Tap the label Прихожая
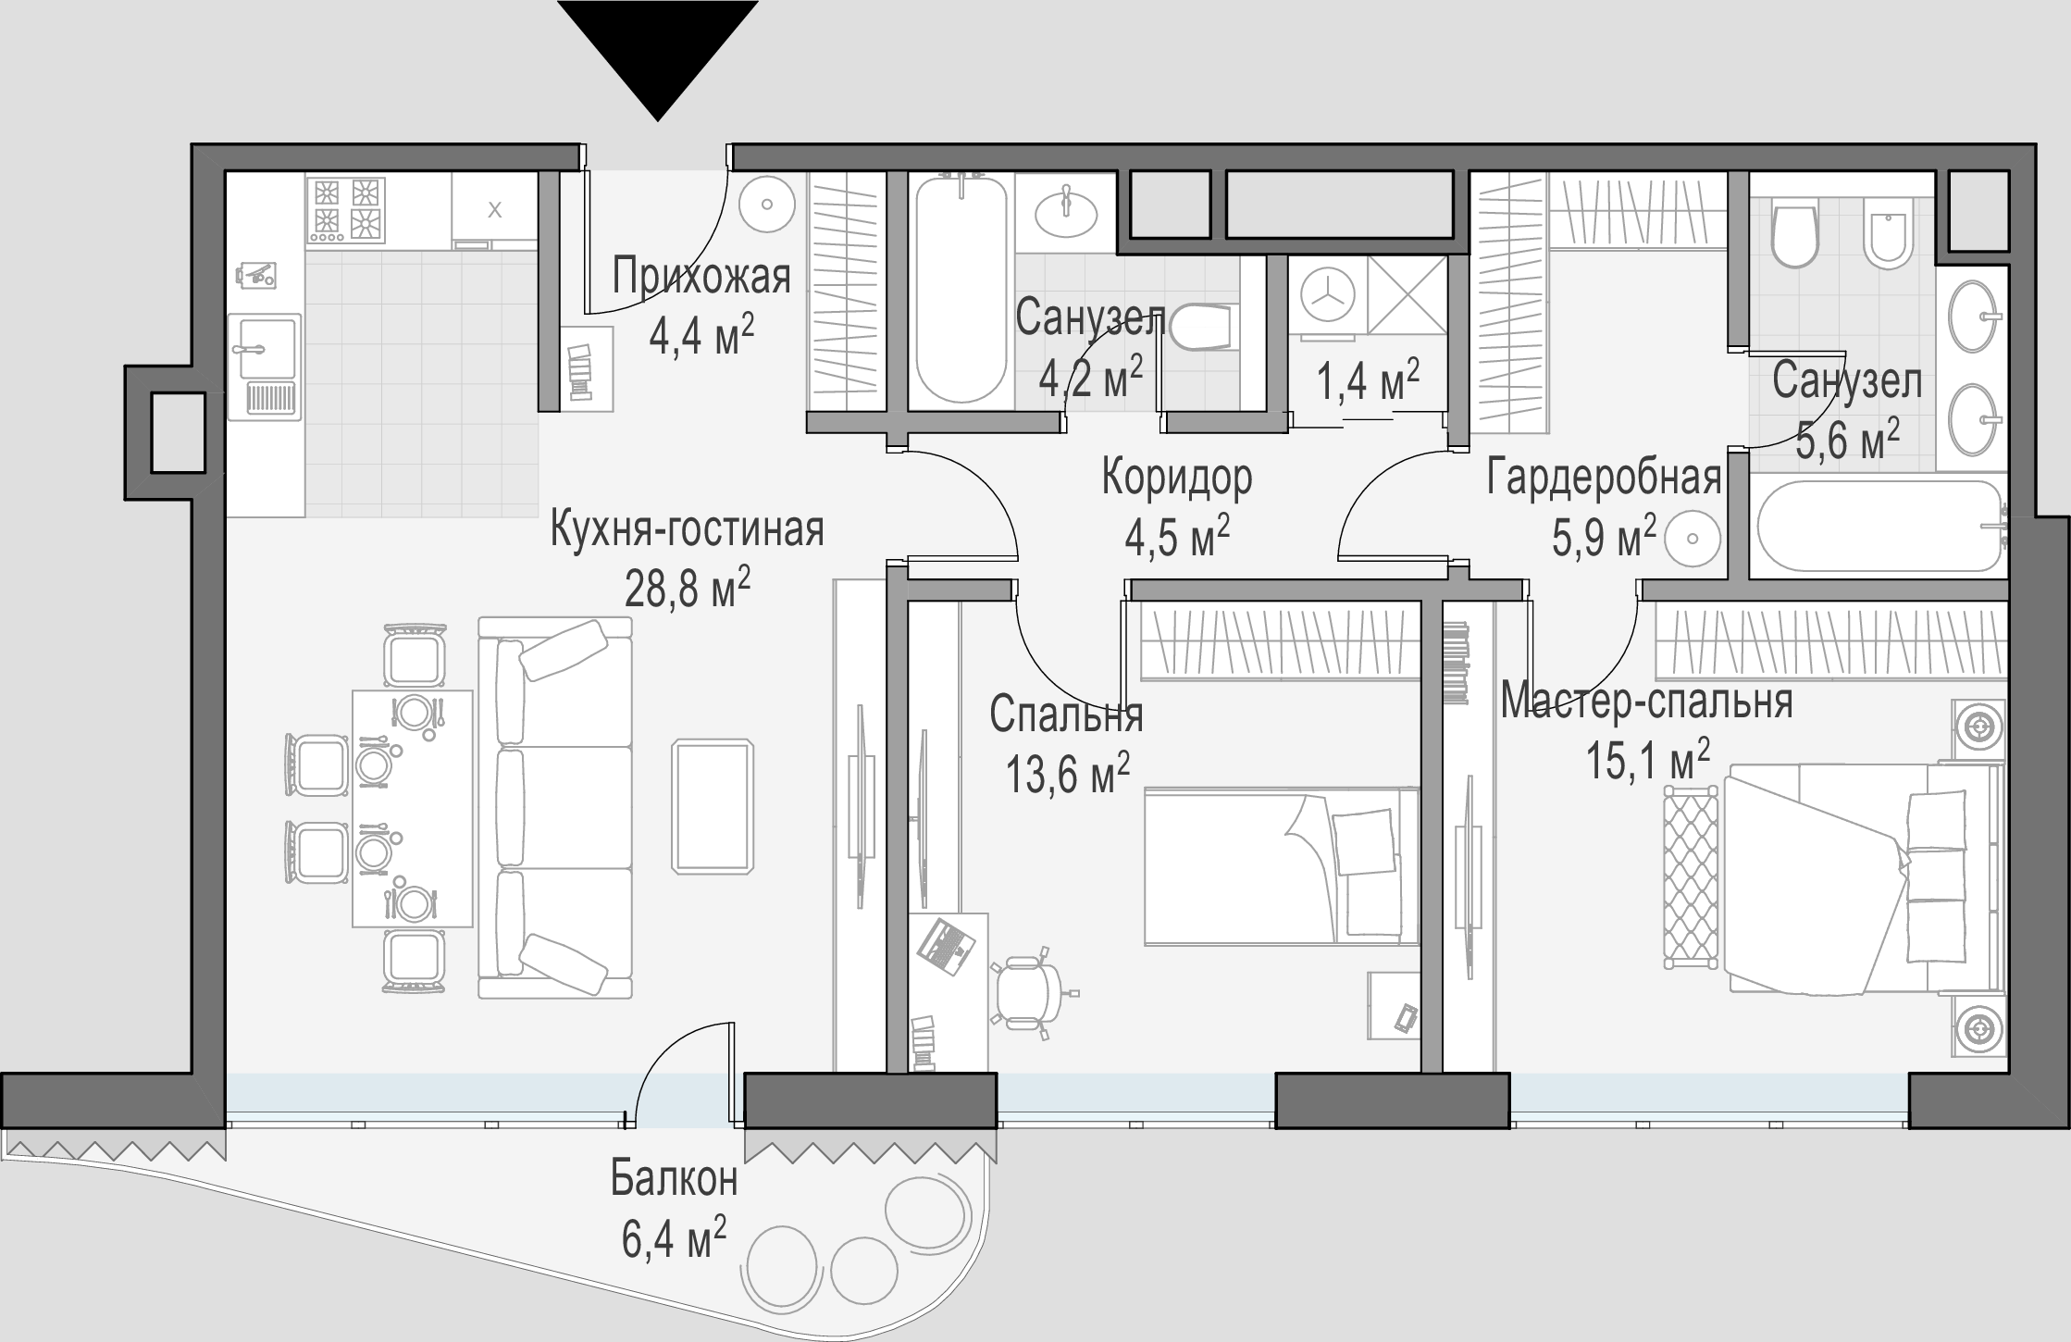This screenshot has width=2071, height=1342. [701, 277]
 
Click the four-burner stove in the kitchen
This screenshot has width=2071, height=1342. [346, 211]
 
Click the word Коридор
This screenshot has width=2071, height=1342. [1177, 478]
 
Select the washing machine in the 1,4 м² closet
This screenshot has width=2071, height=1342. [1327, 294]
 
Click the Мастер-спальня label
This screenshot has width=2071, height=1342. [1646, 701]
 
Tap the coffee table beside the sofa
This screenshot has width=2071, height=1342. [713, 806]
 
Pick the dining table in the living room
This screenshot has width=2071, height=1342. [412, 808]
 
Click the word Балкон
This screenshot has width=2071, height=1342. [675, 1180]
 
